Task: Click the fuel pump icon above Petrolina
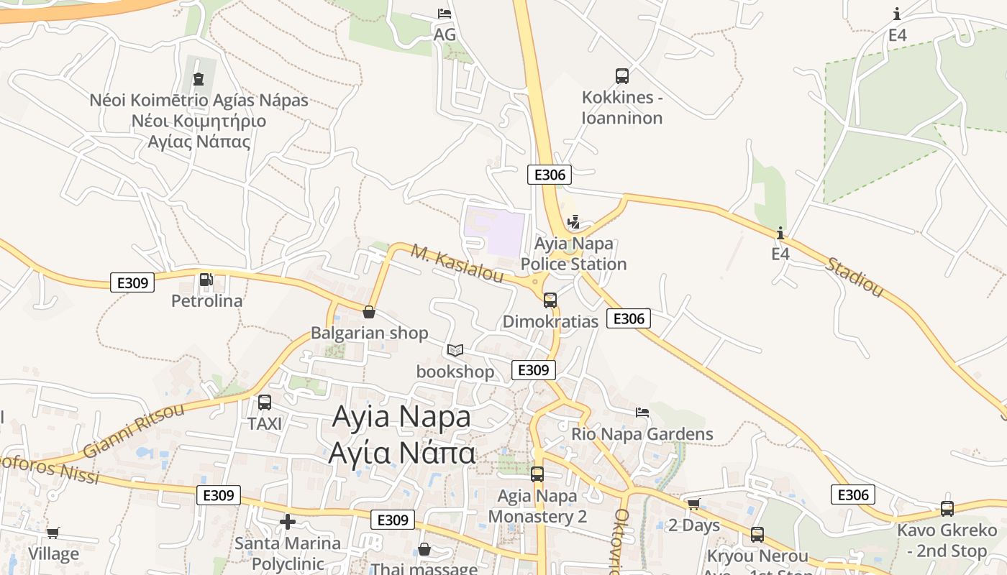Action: coord(206,279)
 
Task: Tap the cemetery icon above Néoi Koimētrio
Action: coord(199,79)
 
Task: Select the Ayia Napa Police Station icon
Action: coord(573,222)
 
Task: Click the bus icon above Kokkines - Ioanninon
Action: coord(622,75)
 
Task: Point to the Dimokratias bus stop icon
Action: coord(550,300)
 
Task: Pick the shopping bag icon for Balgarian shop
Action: coord(369,312)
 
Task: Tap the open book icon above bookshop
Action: coord(455,350)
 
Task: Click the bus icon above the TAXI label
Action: coord(265,402)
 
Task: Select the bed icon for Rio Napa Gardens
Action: coord(642,413)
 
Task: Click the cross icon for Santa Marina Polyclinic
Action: coord(288,522)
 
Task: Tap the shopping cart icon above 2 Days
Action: coord(693,504)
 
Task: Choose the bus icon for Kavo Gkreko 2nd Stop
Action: coord(947,509)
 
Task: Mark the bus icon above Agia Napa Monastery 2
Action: coord(537,474)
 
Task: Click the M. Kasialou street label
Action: coord(457,264)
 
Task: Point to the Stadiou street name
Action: coord(854,277)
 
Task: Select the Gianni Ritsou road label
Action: coord(134,431)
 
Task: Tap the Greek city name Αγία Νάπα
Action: coord(401,453)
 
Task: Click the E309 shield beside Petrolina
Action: coord(133,282)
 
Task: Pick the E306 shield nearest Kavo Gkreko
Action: coord(853,494)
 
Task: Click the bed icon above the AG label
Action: coord(445,14)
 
